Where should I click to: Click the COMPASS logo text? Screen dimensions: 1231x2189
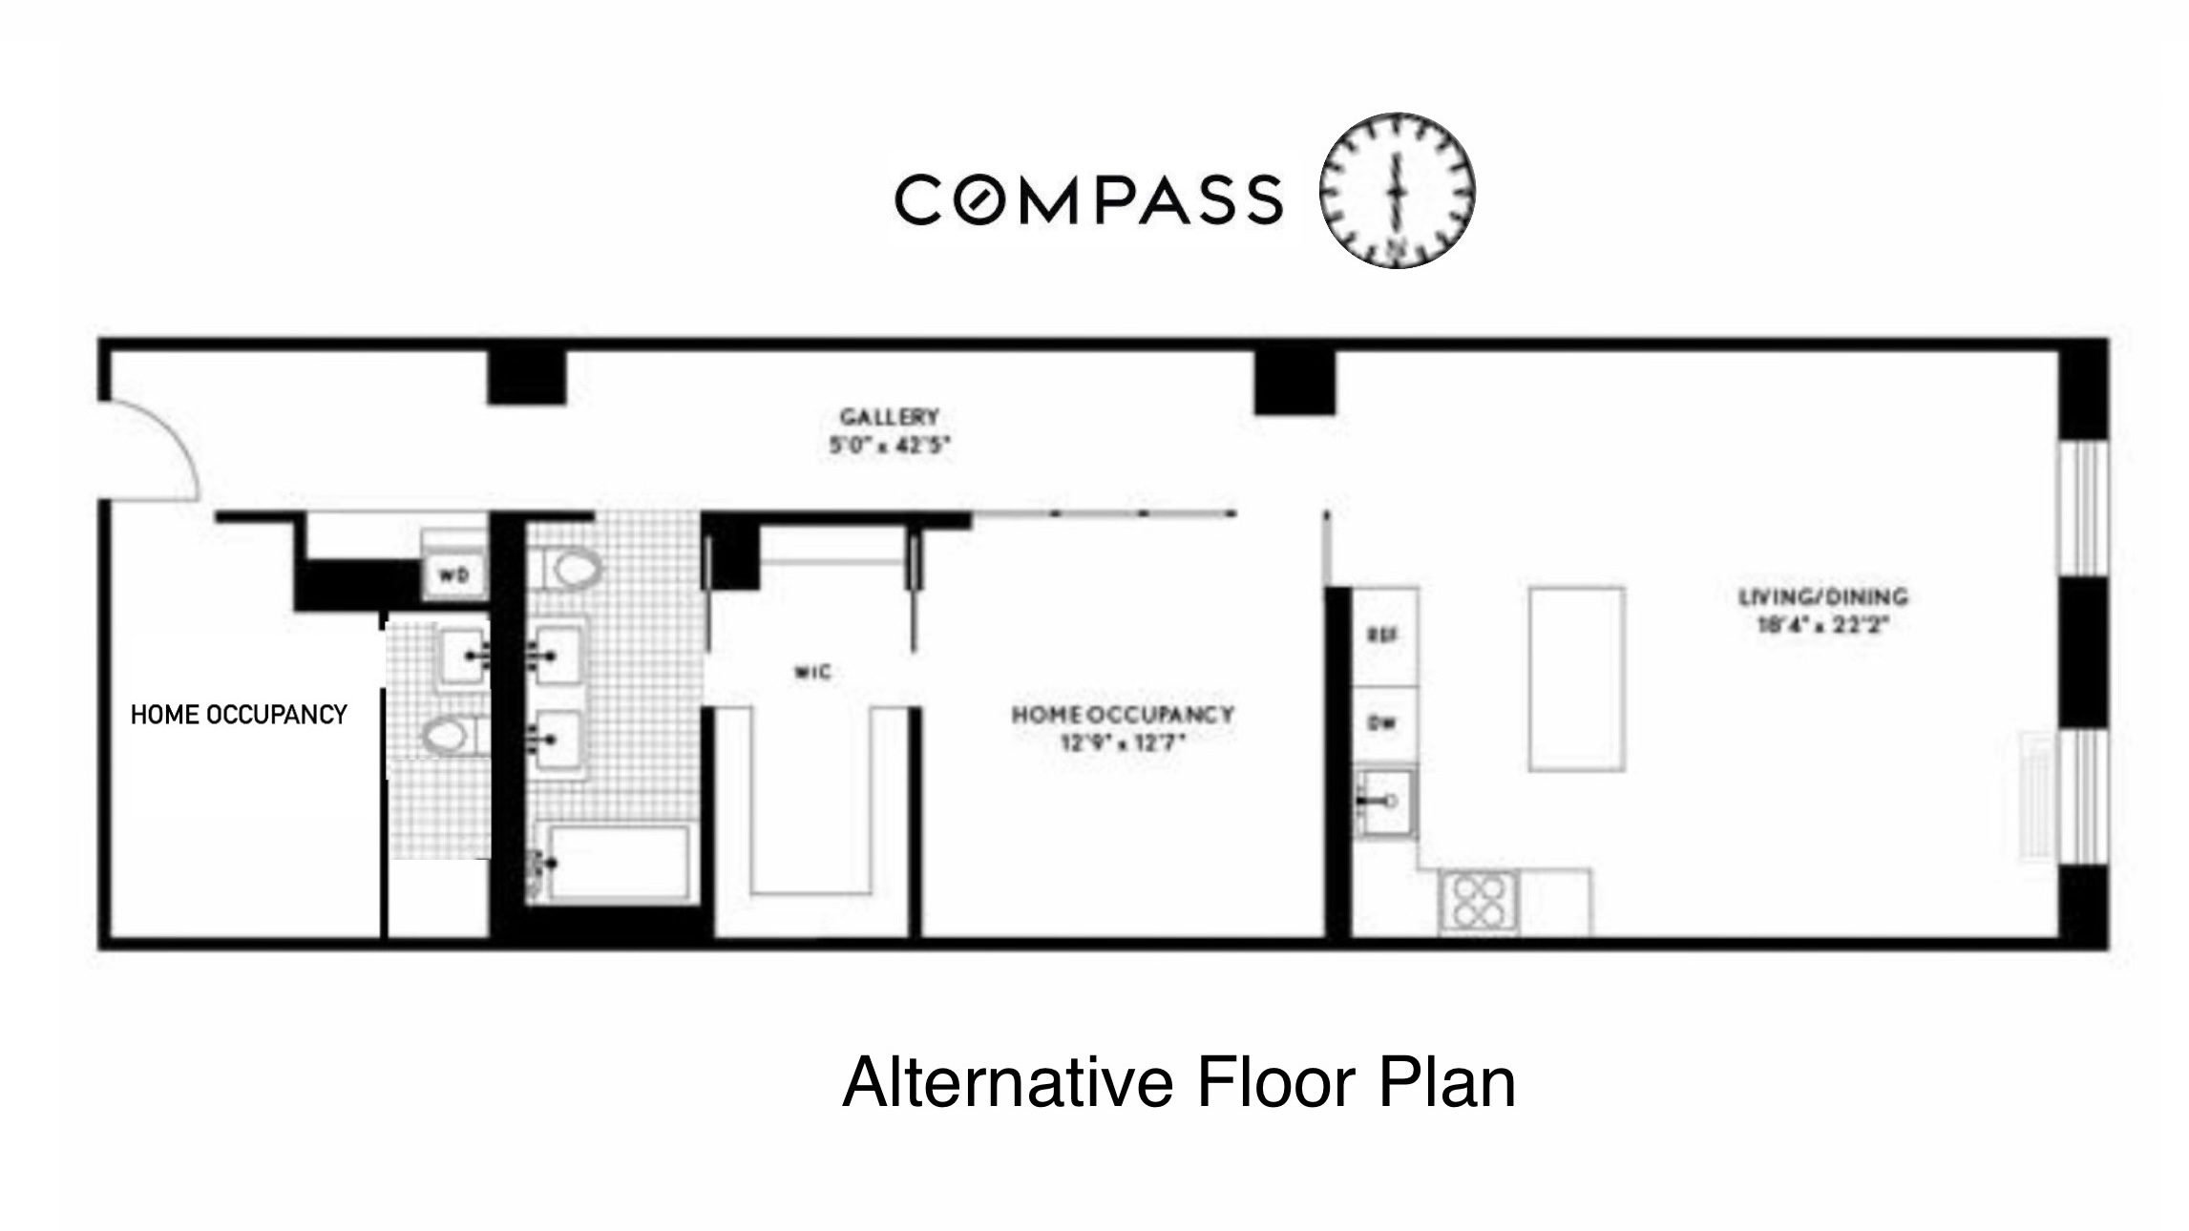(x=1088, y=199)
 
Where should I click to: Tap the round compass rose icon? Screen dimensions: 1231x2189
(x=1398, y=191)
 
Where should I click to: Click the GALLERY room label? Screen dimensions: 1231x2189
(x=889, y=417)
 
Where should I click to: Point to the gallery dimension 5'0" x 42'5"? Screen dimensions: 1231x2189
(x=889, y=446)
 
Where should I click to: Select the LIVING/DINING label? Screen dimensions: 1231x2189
(x=1822, y=597)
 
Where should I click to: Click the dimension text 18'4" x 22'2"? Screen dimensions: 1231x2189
(x=1822, y=626)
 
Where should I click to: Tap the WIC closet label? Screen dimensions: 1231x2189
(x=812, y=673)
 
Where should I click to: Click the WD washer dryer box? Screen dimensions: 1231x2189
(x=453, y=575)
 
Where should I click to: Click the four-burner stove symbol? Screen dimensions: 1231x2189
(x=1478, y=902)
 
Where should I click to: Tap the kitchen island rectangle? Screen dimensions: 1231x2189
(x=1576, y=678)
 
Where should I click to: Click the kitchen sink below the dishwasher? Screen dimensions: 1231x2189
(x=1384, y=802)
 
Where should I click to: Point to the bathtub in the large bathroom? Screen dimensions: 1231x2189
(x=618, y=863)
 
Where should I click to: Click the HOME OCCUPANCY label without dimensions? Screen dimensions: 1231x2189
(x=239, y=715)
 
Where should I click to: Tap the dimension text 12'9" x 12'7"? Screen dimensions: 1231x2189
(x=1123, y=741)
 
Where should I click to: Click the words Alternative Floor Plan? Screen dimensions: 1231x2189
(x=1179, y=1082)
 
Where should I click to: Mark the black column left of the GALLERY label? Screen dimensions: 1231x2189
(x=526, y=377)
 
